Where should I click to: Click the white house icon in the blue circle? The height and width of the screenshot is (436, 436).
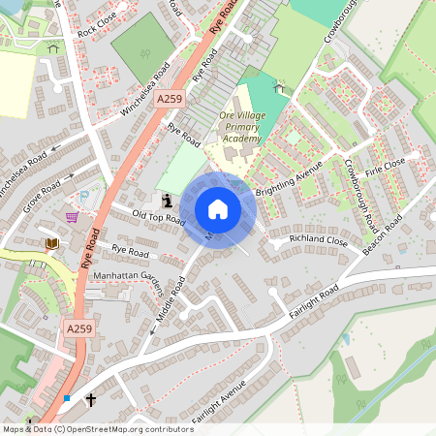[218, 209]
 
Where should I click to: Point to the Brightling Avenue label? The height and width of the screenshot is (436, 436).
[288, 180]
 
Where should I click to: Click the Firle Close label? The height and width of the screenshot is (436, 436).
[387, 166]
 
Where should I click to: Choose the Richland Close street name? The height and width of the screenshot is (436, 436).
[318, 239]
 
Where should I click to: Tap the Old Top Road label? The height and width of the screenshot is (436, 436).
[158, 216]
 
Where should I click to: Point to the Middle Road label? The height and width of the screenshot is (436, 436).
[171, 302]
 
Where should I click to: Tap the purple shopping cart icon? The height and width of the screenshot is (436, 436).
[71, 217]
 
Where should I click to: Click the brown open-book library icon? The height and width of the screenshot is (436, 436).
[51, 242]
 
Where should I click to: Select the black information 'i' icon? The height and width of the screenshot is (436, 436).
[168, 201]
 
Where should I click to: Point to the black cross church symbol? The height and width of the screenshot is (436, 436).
[92, 399]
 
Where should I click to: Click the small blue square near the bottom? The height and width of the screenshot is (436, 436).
[67, 398]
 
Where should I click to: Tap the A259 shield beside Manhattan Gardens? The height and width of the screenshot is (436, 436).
[82, 329]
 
